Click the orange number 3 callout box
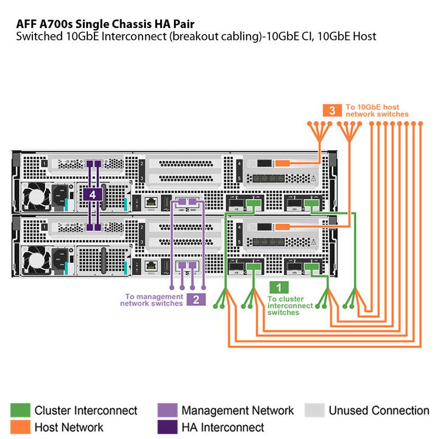click(331, 110)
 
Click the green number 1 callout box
click(279, 287)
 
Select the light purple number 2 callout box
click(196, 300)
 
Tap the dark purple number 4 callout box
click(93, 194)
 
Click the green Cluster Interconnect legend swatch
click(20, 410)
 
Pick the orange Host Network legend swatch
click(20, 426)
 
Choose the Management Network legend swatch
click(167, 410)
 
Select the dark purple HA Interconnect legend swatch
click(167, 426)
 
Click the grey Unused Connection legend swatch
click(314, 410)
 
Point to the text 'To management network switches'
click(151, 300)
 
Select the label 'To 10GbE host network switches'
click(376, 110)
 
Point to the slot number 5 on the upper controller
click(240, 178)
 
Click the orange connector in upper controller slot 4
click(282, 163)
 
